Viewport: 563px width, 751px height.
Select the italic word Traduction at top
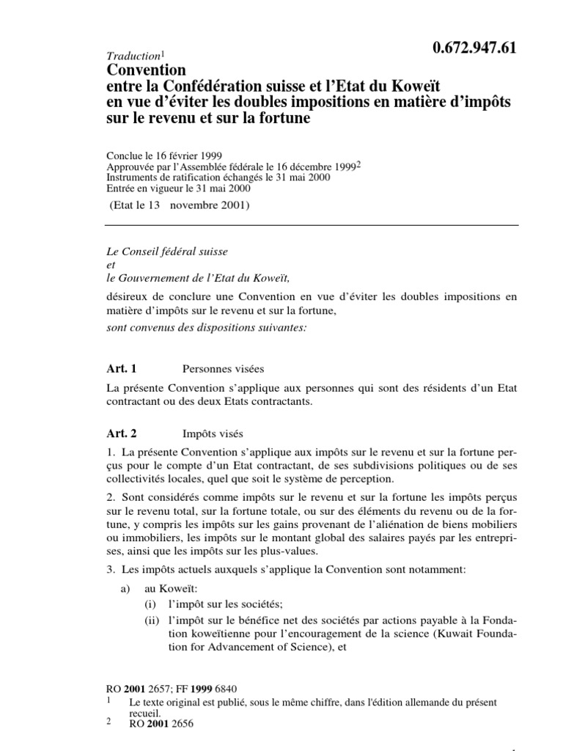pyautogui.click(x=132, y=56)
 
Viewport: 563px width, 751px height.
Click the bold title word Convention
pyautogui.click(x=147, y=71)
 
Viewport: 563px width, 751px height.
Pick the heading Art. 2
pyautogui.click(x=122, y=433)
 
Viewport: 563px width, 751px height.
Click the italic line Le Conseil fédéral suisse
pyautogui.click(x=168, y=252)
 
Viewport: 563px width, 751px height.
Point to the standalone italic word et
pyautogui.click(x=111, y=264)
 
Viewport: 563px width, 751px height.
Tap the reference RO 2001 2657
pyautogui.click(x=138, y=689)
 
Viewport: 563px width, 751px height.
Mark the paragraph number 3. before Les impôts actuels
pyautogui.click(x=111, y=571)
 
